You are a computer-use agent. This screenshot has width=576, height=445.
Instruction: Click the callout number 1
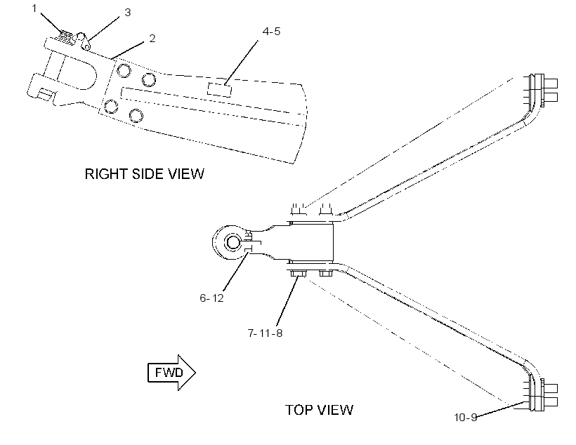[34, 8]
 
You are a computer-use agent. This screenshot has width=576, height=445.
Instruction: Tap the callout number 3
[127, 13]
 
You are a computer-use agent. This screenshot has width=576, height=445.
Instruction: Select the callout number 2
[152, 38]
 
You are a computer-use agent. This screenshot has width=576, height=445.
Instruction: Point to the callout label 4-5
[271, 32]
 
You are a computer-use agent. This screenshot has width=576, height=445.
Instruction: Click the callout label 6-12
[211, 298]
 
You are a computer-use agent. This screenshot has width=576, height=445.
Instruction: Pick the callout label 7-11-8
[266, 333]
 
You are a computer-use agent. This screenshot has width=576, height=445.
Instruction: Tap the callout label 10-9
[466, 418]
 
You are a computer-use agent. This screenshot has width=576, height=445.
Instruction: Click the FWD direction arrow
[171, 373]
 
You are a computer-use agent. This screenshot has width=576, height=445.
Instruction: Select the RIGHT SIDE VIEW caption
[145, 173]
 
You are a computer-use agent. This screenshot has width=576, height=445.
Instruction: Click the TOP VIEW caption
[319, 410]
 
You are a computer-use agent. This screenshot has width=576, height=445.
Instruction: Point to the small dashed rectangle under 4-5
[219, 90]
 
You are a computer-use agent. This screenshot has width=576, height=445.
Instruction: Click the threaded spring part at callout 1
[66, 36]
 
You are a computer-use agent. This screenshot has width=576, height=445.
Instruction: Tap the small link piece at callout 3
[84, 41]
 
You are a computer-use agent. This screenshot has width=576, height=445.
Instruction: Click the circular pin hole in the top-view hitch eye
[233, 243]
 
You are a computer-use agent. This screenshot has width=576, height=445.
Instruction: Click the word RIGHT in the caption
[107, 173]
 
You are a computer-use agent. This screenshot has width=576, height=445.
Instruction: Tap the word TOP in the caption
[299, 410]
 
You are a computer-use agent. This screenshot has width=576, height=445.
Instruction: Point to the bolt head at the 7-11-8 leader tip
[297, 274]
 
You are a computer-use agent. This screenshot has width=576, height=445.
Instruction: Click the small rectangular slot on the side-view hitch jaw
[44, 94]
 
